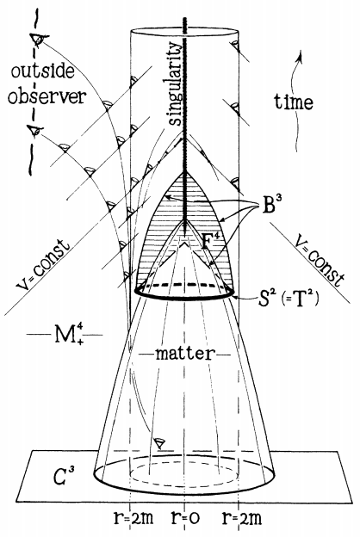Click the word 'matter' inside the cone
[183, 354]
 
